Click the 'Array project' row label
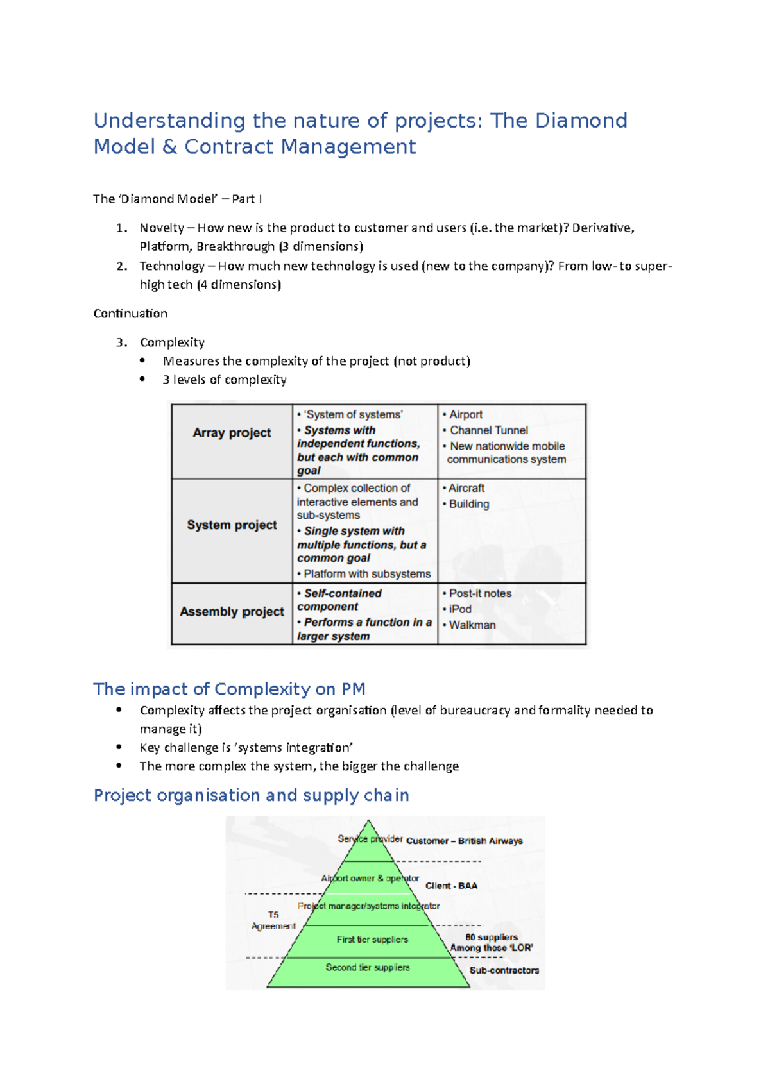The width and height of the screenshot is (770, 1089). click(232, 433)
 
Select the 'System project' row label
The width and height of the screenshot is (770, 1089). click(232, 525)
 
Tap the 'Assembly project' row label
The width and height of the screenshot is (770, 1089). click(232, 612)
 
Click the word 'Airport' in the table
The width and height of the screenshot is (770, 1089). click(466, 415)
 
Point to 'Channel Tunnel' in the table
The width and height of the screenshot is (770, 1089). click(489, 430)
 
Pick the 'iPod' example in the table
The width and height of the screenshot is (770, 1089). click(460, 609)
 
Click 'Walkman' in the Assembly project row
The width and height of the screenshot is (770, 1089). click(472, 625)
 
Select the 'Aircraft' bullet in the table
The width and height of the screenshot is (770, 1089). click(466, 489)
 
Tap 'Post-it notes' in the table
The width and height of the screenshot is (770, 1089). click(480, 593)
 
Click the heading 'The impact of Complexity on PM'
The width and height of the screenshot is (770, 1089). click(229, 689)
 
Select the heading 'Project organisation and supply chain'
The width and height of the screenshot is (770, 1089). click(251, 795)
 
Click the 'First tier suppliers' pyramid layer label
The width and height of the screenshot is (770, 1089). click(372, 940)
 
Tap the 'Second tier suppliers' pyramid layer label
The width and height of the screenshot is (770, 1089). click(367, 967)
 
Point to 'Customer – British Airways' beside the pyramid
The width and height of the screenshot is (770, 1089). click(465, 841)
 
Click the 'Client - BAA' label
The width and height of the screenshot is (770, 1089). click(451, 886)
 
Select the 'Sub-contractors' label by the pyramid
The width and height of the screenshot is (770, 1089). click(504, 970)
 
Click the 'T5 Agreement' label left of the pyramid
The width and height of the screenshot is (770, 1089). click(273, 920)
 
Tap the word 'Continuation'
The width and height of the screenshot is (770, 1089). click(130, 314)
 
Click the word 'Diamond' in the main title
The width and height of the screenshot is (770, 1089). click(581, 121)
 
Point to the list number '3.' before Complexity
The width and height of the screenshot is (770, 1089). click(122, 342)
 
